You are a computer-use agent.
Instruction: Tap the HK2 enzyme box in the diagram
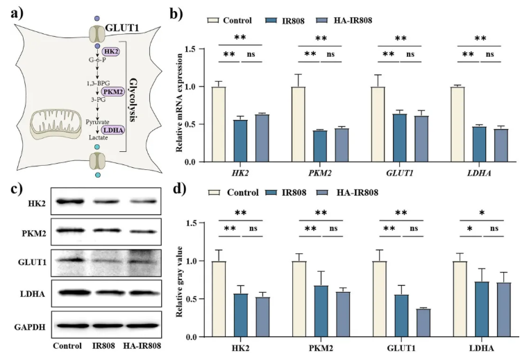point(111,52)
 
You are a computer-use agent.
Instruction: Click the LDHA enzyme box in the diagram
point(113,130)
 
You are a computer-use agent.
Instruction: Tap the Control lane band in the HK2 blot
point(67,202)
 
